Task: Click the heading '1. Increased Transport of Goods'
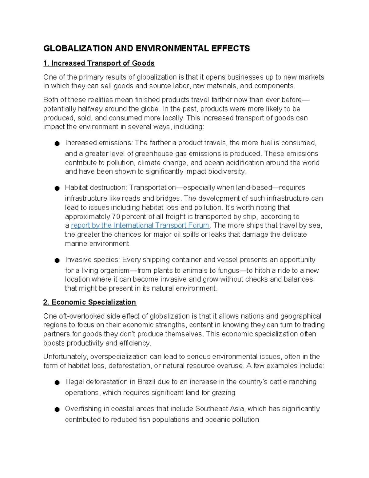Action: (x=99, y=63)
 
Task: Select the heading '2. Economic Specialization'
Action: (x=89, y=302)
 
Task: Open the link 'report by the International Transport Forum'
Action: (x=140, y=225)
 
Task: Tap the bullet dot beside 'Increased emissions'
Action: (x=57, y=143)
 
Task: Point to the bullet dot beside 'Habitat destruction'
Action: (x=57, y=188)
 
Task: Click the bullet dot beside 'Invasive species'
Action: (x=57, y=260)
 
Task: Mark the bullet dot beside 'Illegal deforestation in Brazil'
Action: (x=57, y=383)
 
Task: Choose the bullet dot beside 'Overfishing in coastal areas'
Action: (x=57, y=409)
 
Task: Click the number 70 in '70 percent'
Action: (x=116, y=216)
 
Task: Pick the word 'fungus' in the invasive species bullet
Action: (x=228, y=271)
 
